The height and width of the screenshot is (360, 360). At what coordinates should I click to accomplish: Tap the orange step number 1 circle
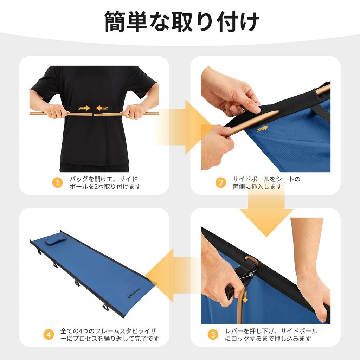57,183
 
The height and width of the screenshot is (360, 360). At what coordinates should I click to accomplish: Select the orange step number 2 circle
220,183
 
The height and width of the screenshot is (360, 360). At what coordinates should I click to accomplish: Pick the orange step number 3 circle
212,335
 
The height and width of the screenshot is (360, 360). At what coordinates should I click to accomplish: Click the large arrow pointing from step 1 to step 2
183,127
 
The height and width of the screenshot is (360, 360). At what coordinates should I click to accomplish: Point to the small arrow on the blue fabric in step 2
262,129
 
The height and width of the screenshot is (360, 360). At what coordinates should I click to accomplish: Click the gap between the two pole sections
93,114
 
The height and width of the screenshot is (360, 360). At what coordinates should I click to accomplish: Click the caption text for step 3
271,335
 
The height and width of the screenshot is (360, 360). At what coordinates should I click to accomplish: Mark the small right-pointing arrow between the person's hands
84,108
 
